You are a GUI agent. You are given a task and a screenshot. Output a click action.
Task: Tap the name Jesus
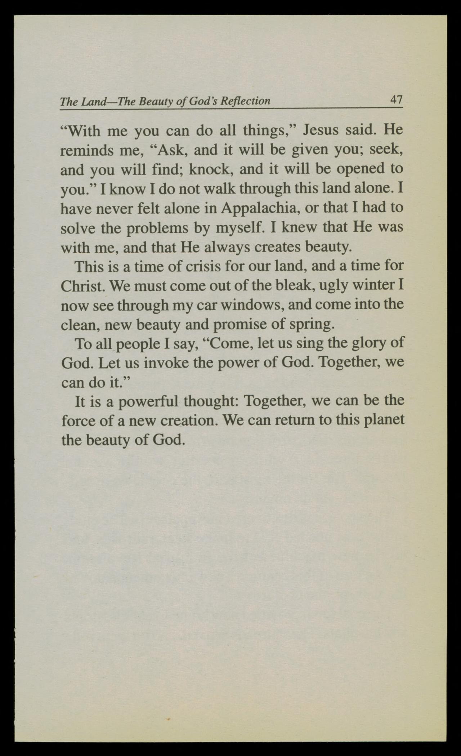pos(321,130)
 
